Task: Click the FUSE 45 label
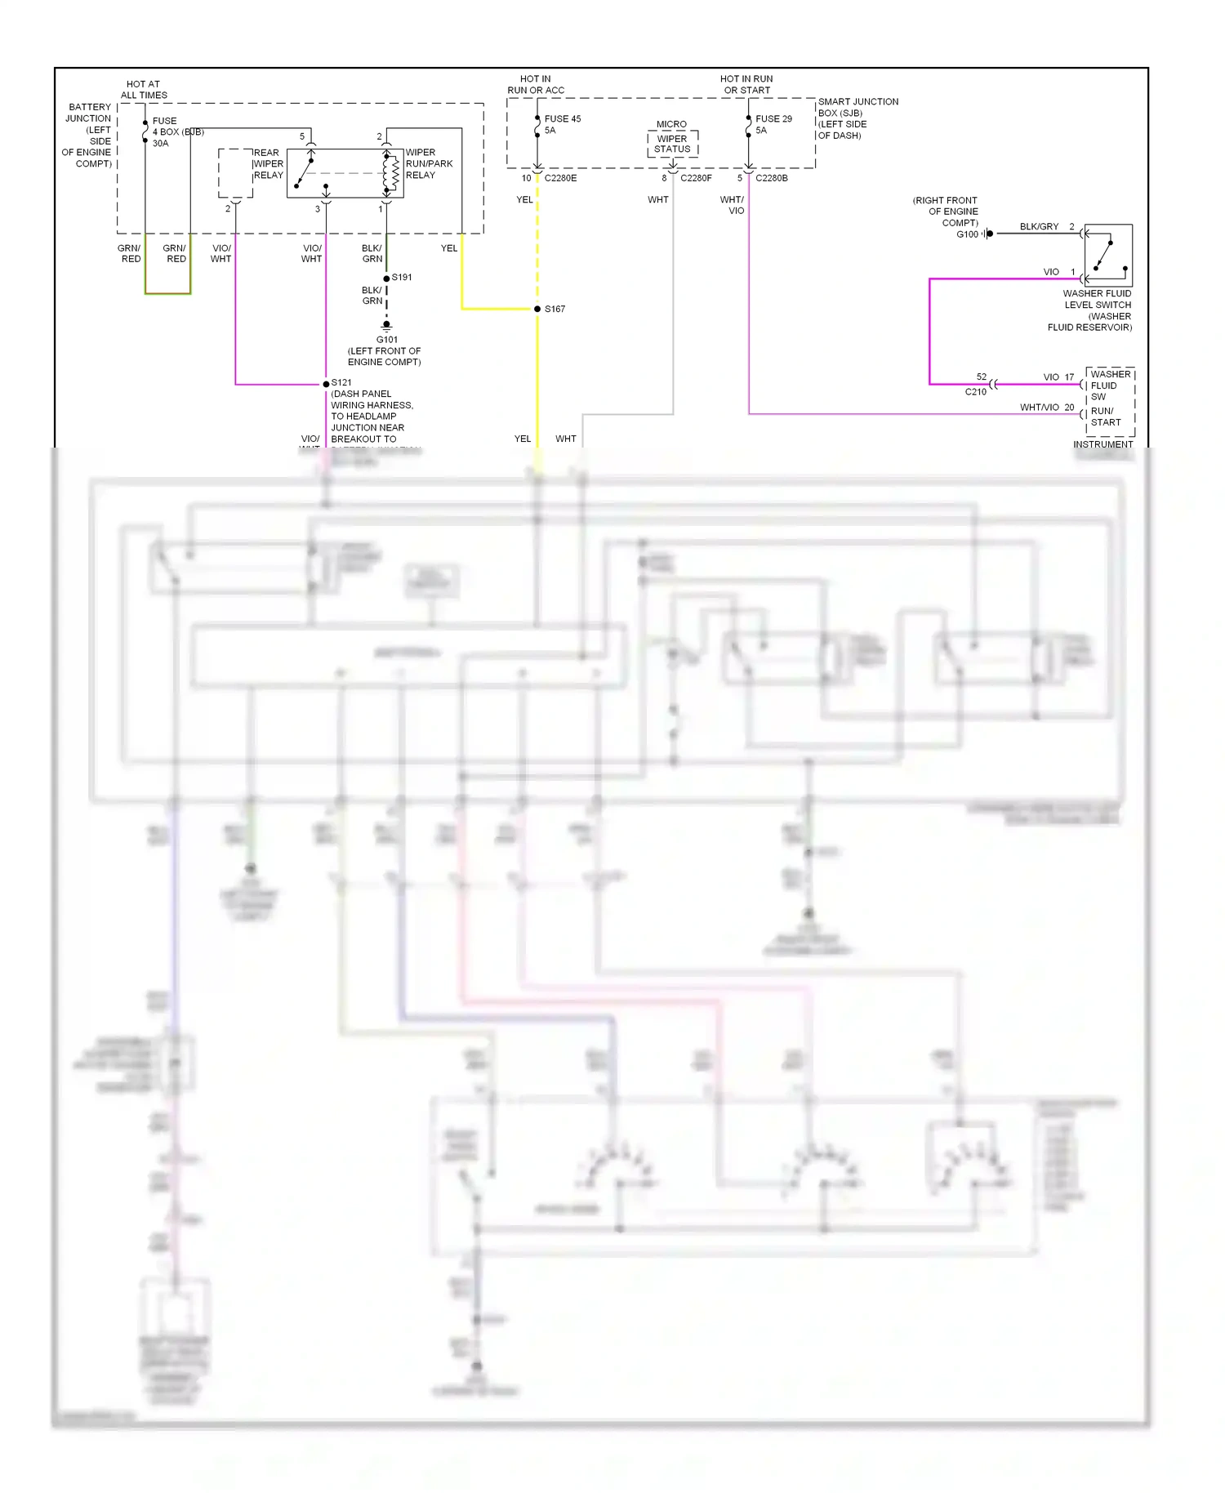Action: point(562,119)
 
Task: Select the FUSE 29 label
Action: point(773,119)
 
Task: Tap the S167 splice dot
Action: point(537,309)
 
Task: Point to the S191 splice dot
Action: point(386,279)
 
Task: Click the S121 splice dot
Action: point(326,384)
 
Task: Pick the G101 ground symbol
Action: point(386,327)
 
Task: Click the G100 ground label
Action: point(967,234)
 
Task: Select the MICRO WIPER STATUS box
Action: point(672,144)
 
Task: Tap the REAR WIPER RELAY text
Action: point(268,164)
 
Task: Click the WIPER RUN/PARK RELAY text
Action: point(428,164)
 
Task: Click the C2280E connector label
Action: point(560,178)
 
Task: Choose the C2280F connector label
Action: point(696,178)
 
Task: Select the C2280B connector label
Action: point(771,178)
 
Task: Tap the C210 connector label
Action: point(975,392)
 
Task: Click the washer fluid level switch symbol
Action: point(1108,254)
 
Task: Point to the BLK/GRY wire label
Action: point(1039,227)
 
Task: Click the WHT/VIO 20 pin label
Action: point(1046,408)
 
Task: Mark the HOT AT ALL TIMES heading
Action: point(144,90)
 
